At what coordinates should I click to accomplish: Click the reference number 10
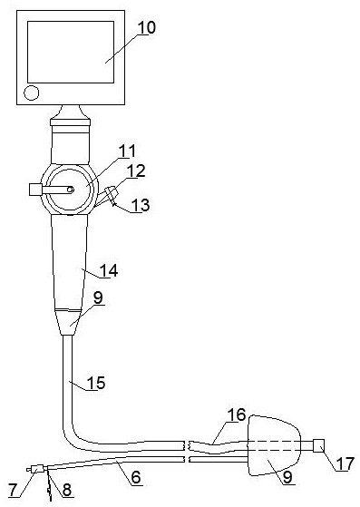point(147,28)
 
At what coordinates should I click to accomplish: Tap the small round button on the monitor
point(32,93)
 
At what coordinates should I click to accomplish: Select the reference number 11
point(128,151)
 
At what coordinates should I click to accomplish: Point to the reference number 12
point(136,171)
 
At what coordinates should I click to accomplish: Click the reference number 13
point(141,205)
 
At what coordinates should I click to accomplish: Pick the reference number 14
point(109,270)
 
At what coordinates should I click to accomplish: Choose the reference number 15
point(97,383)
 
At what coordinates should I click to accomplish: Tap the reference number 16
point(237,415)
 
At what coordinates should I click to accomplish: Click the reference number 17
point(345,463)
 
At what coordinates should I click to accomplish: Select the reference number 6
point(136,477)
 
